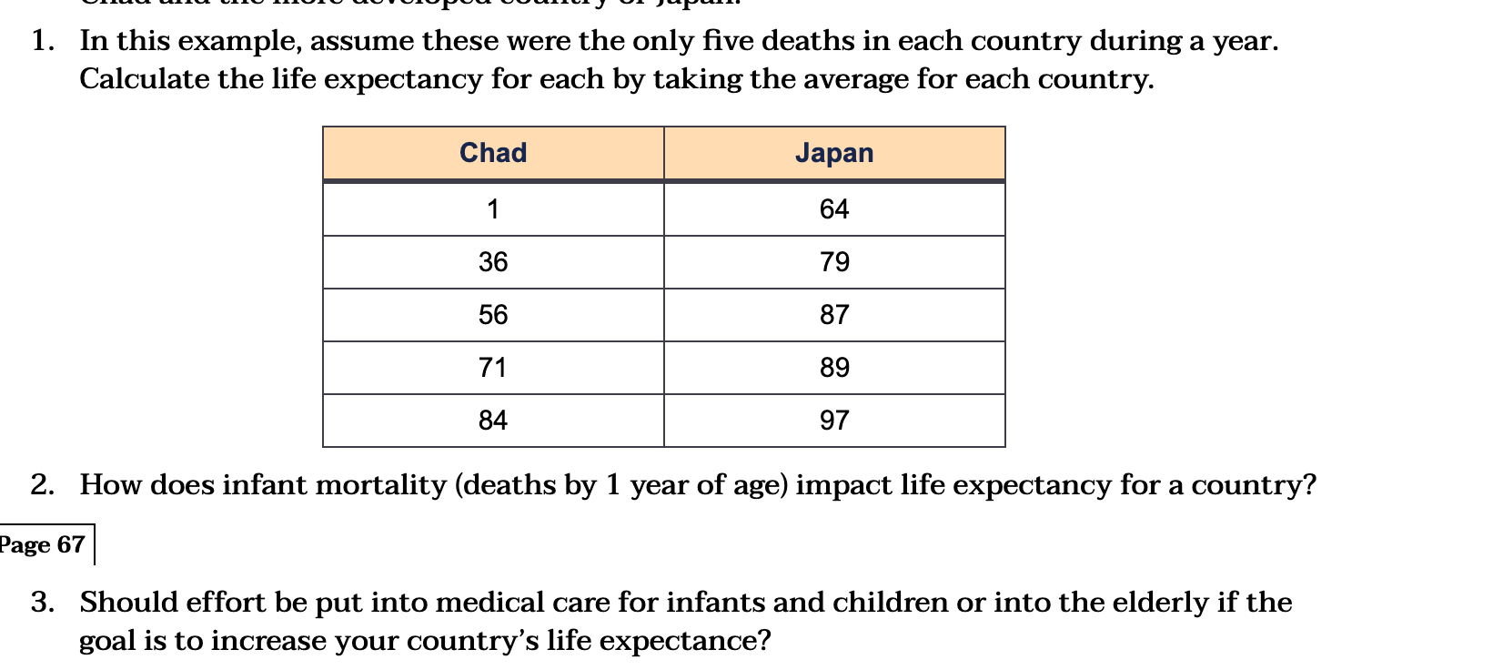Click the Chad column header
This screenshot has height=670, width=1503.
[x=493, y=153]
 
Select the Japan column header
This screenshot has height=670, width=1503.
[x=834, y=153]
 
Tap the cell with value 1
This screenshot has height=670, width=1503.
[x=493, y=209]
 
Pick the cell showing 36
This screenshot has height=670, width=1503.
[x=493, y=262]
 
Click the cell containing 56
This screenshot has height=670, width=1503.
[x=493, y=315]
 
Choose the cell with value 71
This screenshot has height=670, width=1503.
[x=493, y=368]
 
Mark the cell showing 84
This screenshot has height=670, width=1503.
[x=493, y=421]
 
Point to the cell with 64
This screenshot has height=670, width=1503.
[x=834, y=209]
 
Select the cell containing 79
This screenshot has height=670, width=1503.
[x=834, y=262]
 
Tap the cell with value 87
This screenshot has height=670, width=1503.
[x=834, y=315]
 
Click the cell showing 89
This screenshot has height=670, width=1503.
[x=834, y=368]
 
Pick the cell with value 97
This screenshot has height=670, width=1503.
[x=834, y=421]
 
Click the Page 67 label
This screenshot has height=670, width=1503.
[x=43, y=544]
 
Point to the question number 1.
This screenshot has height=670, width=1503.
[x=42, y=41]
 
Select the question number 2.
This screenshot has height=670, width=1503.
[x=42, y=484]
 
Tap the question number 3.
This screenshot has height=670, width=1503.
[x=42, y=602]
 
